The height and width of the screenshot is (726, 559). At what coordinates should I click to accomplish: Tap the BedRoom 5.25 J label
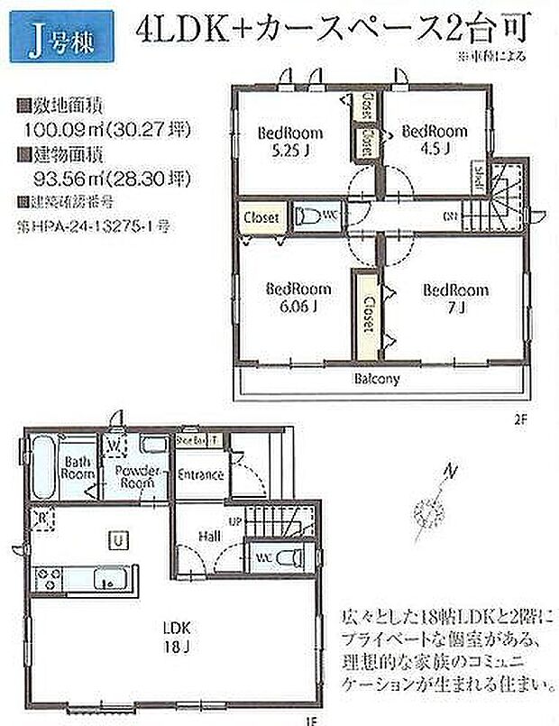point(290,141)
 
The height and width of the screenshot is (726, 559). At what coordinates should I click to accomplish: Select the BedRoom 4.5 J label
point(434,137)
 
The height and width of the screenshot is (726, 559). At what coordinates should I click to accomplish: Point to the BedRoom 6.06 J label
point(298,297)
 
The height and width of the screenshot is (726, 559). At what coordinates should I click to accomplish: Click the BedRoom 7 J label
point(455,297)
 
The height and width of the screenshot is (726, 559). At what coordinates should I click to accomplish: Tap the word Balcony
point(376,379)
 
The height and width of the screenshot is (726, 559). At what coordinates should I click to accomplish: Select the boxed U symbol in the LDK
point(118,540)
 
